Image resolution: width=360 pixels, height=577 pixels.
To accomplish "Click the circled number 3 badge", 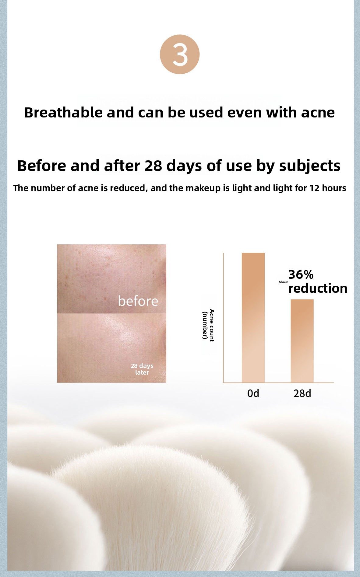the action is click(180, 54).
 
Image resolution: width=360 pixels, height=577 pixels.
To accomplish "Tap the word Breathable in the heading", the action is click(64, 113).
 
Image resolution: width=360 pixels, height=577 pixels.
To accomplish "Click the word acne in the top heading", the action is click(318, 113).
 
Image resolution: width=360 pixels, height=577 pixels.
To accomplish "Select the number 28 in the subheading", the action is click(153, 166).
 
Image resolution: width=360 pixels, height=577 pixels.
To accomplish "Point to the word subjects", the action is click(310, 166).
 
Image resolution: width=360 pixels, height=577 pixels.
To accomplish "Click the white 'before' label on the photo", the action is click(138, 301).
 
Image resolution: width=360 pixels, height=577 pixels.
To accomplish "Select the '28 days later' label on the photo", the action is click(142, 369).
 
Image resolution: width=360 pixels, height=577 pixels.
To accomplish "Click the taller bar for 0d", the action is click(253, 317).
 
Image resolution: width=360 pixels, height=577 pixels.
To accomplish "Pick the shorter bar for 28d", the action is click(302, 341).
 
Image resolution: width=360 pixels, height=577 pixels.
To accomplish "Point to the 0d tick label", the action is click(253, 393).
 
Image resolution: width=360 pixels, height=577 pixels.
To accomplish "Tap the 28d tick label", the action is click(302, 393).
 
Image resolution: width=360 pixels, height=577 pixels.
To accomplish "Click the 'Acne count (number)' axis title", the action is click(208, 325).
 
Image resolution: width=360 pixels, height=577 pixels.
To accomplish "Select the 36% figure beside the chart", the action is click(301, 275).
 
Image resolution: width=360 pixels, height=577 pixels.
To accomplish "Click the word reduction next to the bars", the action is click(318, 288).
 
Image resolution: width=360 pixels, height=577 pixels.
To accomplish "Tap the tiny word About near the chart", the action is click(283, 282).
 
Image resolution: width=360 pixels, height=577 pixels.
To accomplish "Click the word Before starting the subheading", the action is click(41, 166).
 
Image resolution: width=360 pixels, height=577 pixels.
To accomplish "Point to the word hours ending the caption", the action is click(334, 188).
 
